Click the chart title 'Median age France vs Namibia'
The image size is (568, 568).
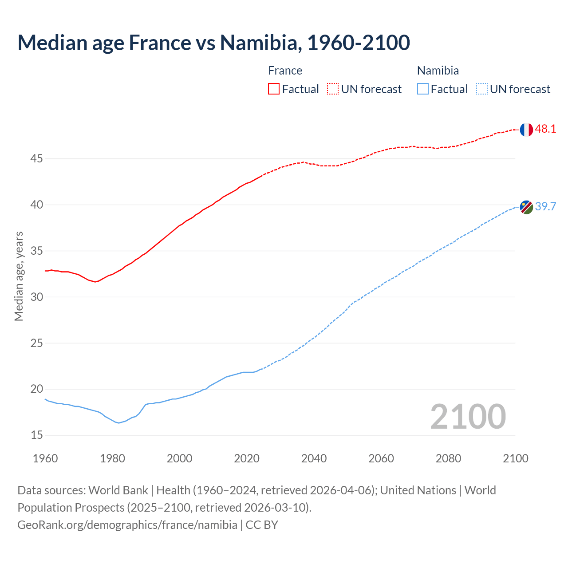click(x=213, y=43)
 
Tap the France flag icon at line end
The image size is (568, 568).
click(x=526, y=130)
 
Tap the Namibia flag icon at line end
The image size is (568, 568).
click(x=526, y=207)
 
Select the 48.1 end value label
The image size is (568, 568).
click(x=545, y=129)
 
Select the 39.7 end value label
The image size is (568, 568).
click(x=545, y=206)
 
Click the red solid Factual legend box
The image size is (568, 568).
click(x=274, y=89)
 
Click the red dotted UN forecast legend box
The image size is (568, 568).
click(x=333, y=89)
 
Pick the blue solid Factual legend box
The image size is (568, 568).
click(x=423, y=89)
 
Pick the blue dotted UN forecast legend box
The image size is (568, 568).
click(x=482, y=89)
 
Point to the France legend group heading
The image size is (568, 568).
click(x=285, y=71)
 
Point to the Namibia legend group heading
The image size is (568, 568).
click(x=438, y=71)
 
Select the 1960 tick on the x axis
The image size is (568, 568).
click(x=45, y=458)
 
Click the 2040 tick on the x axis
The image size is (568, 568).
click(x=314, y=458)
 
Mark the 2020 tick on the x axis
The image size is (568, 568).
click(x=247, y=458)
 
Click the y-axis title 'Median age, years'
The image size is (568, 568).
click(x=19, y=276)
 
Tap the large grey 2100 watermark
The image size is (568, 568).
click(x=468, y=416)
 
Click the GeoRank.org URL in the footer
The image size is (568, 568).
click(x=127, y=525)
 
